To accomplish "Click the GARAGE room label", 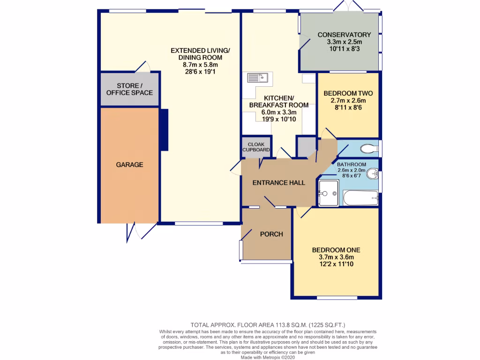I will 129,165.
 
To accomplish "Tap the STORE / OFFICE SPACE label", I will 129,89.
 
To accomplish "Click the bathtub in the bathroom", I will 360,198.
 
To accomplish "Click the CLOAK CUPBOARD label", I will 256,147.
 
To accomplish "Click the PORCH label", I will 271,234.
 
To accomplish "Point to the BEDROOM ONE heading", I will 336,249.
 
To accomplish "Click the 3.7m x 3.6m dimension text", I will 336,256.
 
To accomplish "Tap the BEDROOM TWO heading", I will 345,93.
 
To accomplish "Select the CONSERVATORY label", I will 344,35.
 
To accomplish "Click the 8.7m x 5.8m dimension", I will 200,65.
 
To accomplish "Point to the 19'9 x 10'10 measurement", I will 278,119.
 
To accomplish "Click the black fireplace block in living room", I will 164,130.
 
